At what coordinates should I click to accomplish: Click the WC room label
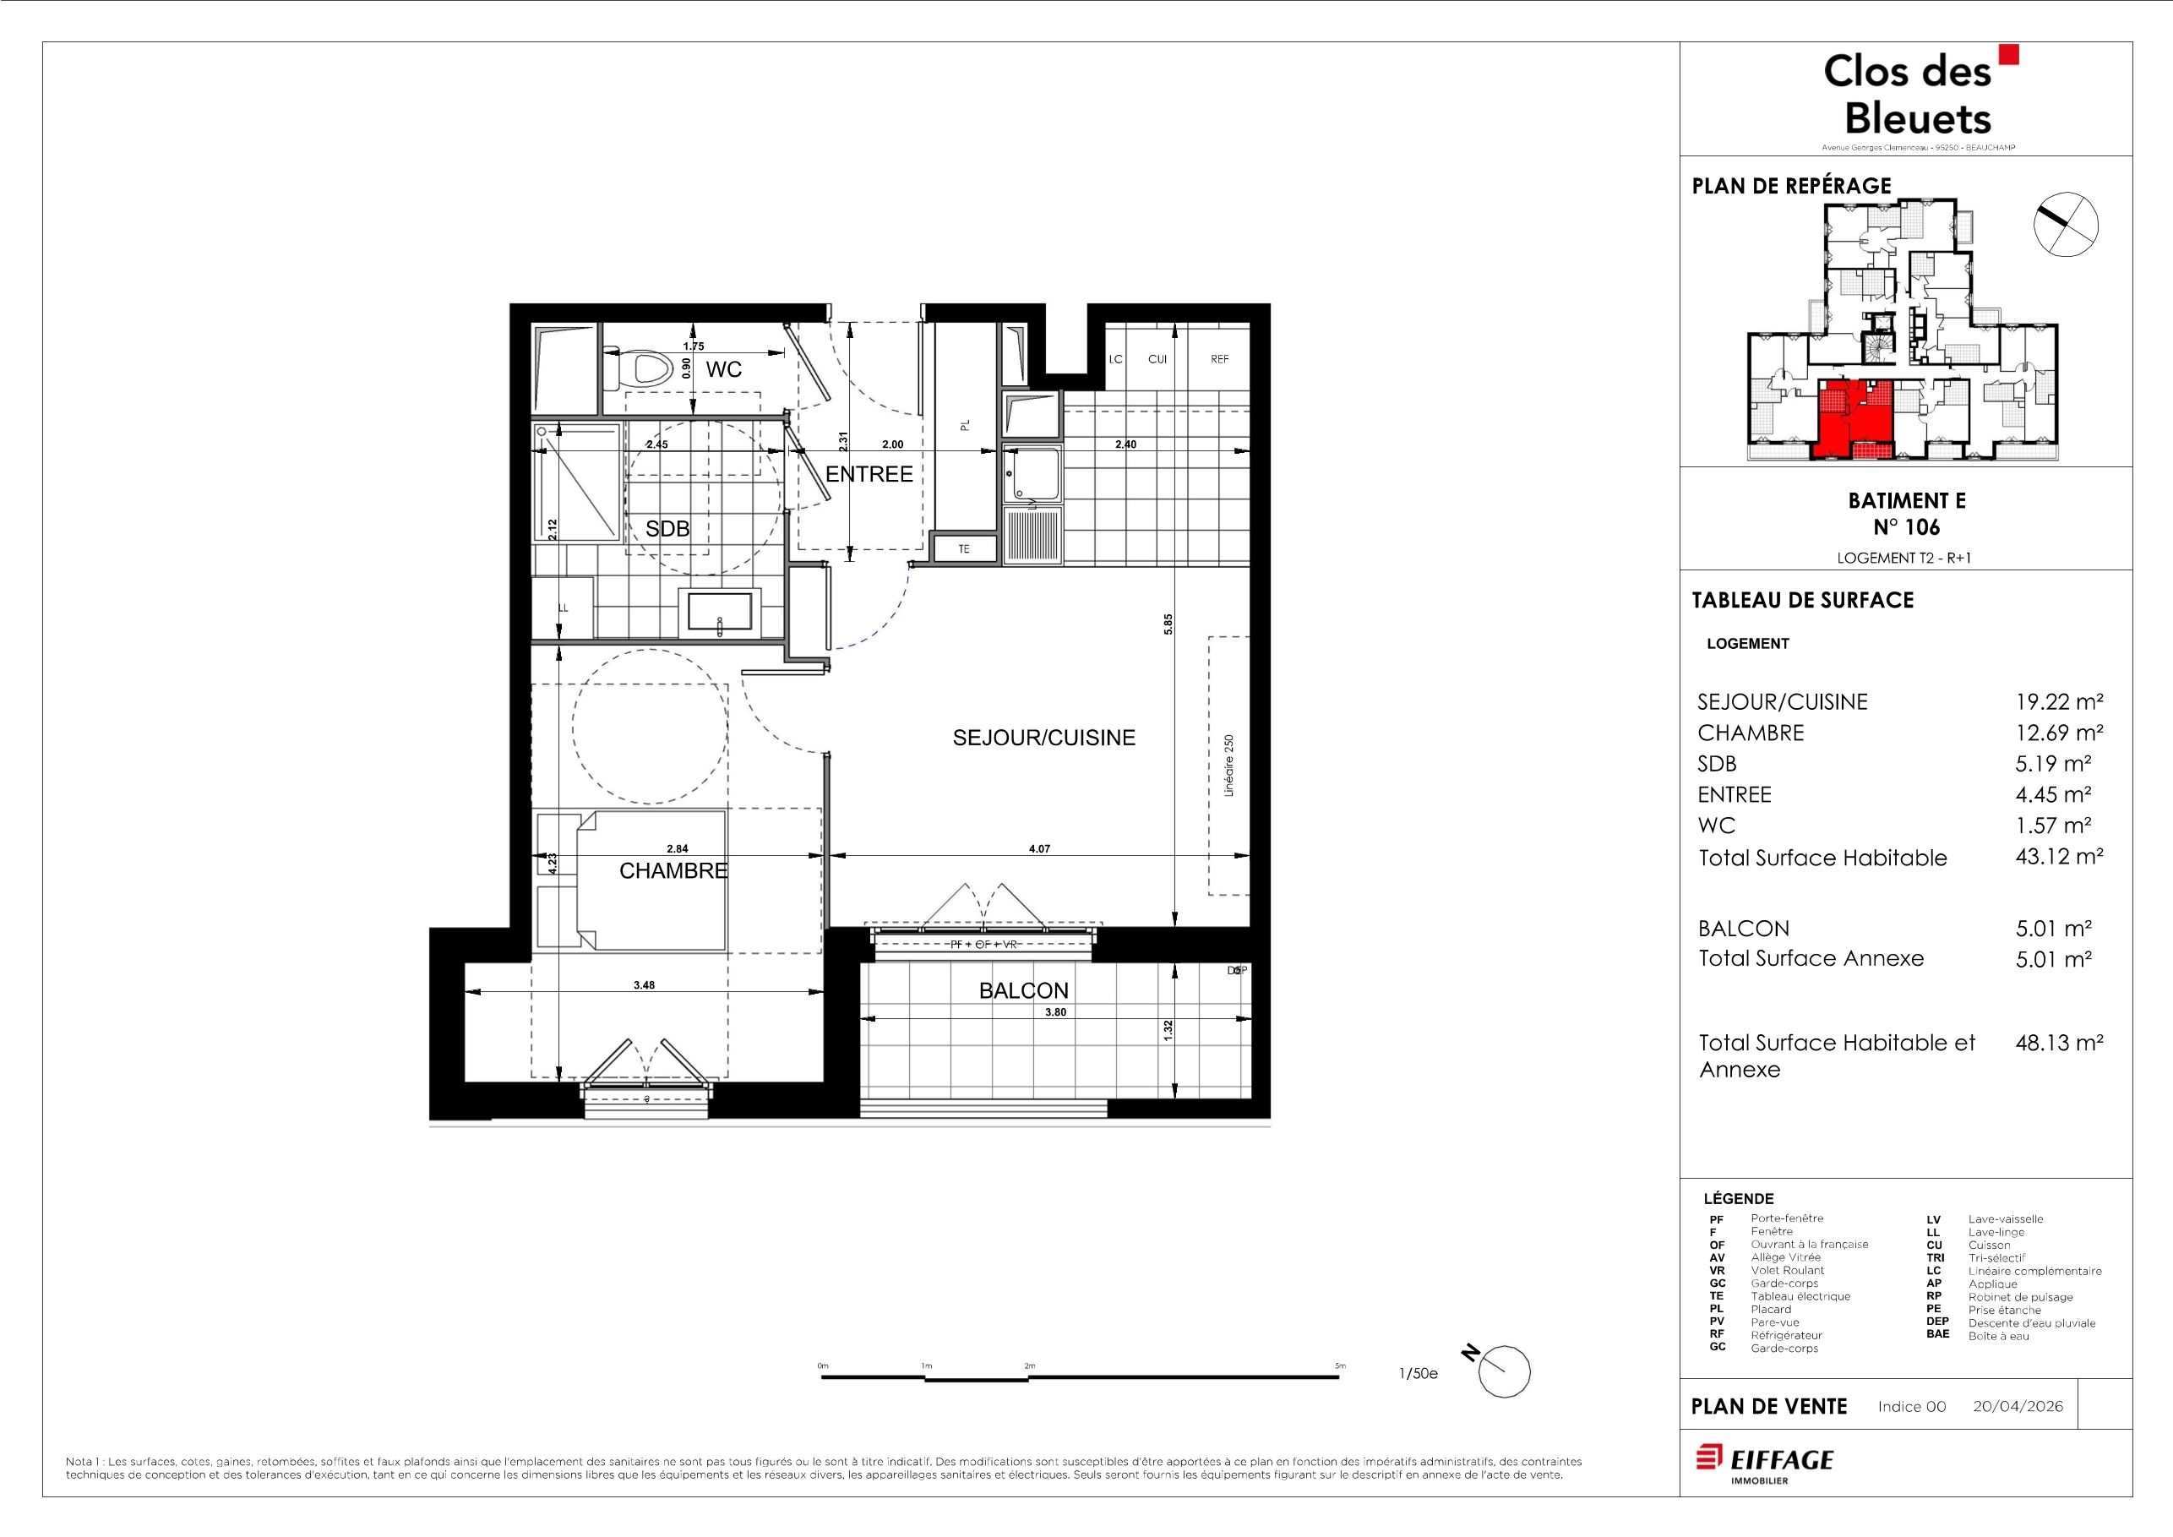point(723,369)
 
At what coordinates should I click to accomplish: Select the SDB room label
point(667,529)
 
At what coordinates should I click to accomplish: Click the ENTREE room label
point(869,474)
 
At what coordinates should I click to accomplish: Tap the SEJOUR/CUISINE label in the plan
point(1044,739)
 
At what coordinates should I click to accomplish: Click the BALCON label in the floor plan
point(1023,991)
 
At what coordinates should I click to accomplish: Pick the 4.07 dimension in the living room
point(1039,849)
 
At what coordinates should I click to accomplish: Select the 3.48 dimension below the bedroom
point(644,985)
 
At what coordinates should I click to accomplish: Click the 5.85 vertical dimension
point(1168,624)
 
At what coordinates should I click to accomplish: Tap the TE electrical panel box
point(964,549)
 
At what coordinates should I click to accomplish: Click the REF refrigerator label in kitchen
point(1219,360)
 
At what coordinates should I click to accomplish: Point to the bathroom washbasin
point(719,610)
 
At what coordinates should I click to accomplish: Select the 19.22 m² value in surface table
point(2058,701)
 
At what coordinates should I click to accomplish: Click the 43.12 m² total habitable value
point(2058,857)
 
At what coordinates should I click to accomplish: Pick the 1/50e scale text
point(1418,1374)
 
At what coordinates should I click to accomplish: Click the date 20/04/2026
point(2018,1406)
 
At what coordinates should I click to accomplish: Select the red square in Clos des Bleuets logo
point(2007,54)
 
